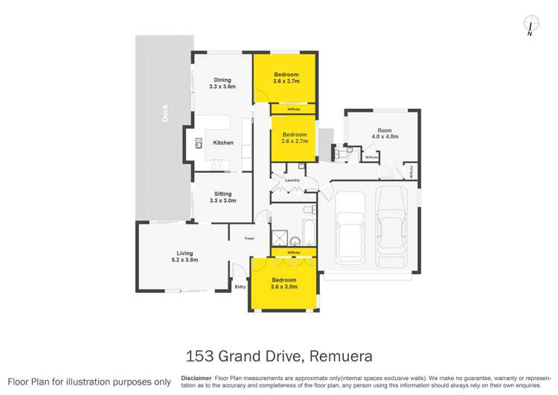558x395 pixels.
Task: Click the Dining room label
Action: click(x=222, y=83)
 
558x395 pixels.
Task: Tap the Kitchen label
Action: click(x=223, y=142)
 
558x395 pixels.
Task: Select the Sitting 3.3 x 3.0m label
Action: click(x=222, y=197)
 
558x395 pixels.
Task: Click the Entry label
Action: click(x=240, y=286)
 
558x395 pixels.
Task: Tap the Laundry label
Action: click(x=292, y=180)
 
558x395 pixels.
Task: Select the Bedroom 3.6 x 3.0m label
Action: click(x=286, y=282)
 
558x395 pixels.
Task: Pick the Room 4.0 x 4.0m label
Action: click(x=385, y=133)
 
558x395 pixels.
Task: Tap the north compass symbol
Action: click(x=529, y=24)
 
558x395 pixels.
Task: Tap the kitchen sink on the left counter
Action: click(x=199, y=145)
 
